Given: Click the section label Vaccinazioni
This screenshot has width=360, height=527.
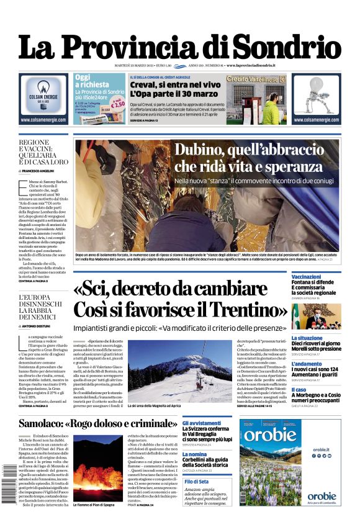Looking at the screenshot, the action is (x=306, y=276).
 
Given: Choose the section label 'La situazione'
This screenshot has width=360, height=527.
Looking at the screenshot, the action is (x=307, y=338).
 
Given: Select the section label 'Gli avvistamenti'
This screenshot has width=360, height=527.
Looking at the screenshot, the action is (x=202, y=422).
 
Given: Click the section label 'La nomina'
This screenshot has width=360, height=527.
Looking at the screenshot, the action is (x=194, y=454).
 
